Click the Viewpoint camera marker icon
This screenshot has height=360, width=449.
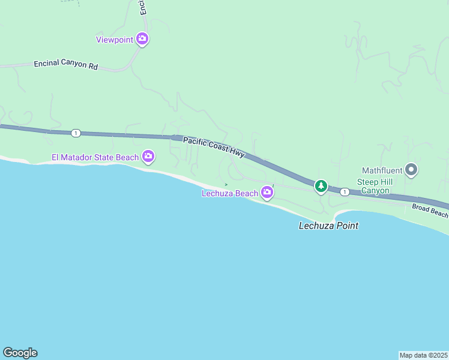pyautogui.click(x=142, y=39)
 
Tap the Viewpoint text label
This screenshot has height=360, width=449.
pyautogui.click(x=115, y=40)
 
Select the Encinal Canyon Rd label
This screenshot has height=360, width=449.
pyautogui.click(x=65, y=64)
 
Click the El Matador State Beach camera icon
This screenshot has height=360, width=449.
pyautogui.click(x=148, y=157)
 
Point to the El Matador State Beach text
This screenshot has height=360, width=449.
pyautogui.click(x=95, y=158)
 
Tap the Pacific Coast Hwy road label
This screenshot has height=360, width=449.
pyautogui.click(x=214, y=147)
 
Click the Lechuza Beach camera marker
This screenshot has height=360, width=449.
pyautogui.click(x=267, y=193)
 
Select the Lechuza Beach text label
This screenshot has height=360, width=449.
pyautogui.click(x=230, y=193)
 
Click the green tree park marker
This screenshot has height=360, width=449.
pyautogui.click(x=321, y=187)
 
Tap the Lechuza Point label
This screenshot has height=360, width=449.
pyautogui.click(x=328, y=226)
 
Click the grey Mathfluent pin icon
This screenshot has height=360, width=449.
pyautogui.click(x=411, y=170)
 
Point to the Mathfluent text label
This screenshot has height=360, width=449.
pyautogui.click(x=382, y=170)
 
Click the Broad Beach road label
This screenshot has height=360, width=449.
pyautogui.click(x=430, y=210)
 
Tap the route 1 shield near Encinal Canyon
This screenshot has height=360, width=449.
pyautogui.click(x=75, y=133)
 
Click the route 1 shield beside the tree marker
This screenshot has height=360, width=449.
pyautogui.click(x=345, y=192)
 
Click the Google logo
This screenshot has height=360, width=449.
pyautogui.click(x=20, y=353)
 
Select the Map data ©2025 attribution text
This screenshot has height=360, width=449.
pyautogui.click(x=424, y=355)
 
